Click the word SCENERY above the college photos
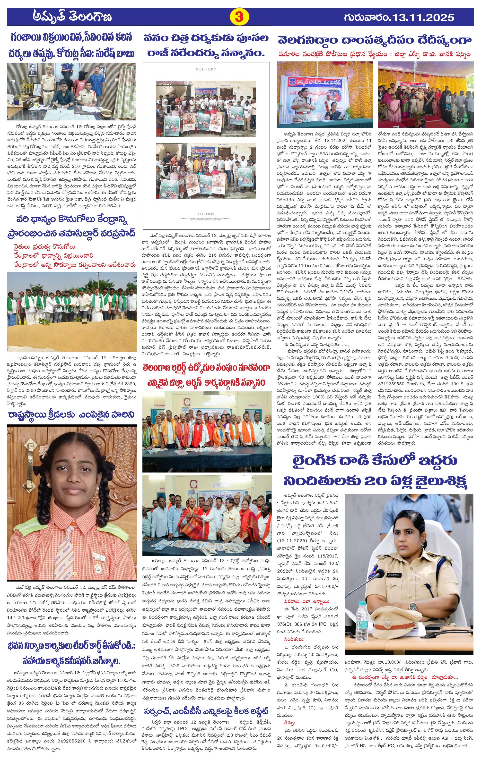[206, 69]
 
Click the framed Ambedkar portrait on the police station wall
[32, 71]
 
